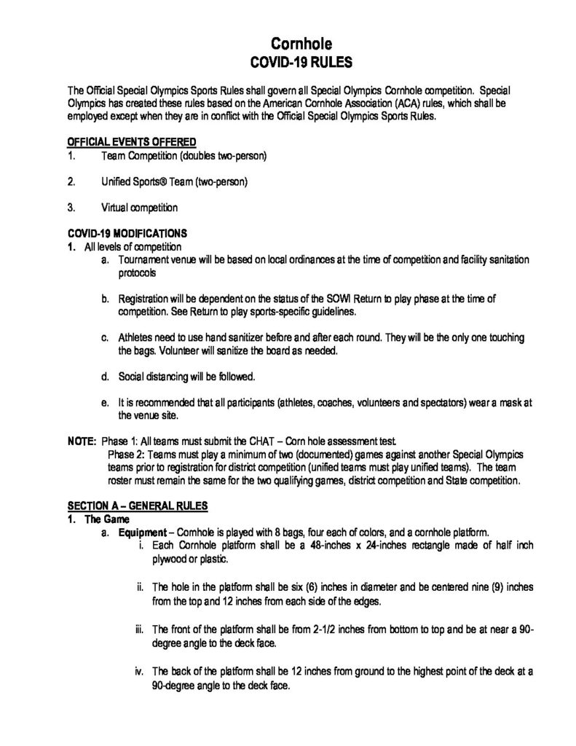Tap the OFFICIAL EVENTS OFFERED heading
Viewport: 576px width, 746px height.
tap(132, 141)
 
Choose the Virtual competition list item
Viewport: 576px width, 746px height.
tap(139, 208)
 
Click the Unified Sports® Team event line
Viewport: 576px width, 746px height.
tap(175, 181)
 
